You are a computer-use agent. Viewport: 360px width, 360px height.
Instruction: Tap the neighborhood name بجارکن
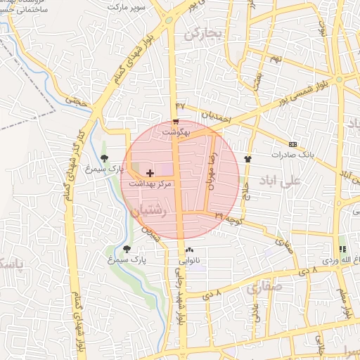(x=202, y=33)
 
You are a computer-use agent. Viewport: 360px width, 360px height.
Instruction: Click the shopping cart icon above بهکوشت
(x=175, y=120)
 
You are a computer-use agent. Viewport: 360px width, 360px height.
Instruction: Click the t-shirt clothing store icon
(x=247, y=159)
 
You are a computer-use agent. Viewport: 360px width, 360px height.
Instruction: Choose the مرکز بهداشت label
(x=146, y=184)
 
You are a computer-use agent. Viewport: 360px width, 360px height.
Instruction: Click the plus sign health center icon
(x=150, y=172)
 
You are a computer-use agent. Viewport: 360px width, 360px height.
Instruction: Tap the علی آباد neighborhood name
(x=279, y=181)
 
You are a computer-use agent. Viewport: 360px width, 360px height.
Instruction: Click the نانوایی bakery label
(x=188, y=261)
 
